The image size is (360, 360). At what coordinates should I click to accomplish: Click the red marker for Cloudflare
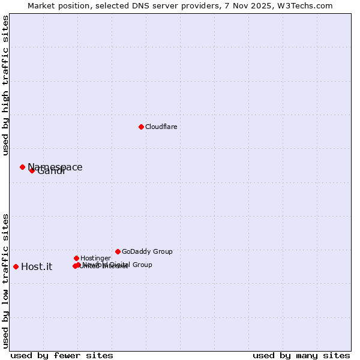(x=141, y=127)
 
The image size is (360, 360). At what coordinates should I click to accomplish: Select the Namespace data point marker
(x=22, y=167)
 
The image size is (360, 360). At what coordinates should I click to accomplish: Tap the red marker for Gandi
(x=32, y=170)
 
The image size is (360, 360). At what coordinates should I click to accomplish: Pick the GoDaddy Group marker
(x=118, y=251)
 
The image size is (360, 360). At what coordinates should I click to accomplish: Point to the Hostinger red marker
(x=76, y=258)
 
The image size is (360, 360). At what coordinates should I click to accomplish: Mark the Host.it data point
(x=16, y=266)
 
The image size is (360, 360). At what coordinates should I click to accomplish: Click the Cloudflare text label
(x=161, y=127)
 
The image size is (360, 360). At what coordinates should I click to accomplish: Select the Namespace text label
(x=55, y=167)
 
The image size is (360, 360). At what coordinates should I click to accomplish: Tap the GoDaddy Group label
(x=147, y=251)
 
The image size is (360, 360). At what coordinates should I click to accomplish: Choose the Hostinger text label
(x=95, y=258)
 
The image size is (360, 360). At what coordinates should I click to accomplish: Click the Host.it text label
(x=37, y=267)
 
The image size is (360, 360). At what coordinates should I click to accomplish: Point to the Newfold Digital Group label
(x=118, y=265)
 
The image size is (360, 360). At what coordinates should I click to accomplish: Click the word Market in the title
(x=40, y=5)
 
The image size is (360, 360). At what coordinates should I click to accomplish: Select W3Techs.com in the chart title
(x=308, y=5)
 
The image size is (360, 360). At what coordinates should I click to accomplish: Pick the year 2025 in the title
(x=268, y=5)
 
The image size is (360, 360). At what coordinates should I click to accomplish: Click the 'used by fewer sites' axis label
(x=62, y=355)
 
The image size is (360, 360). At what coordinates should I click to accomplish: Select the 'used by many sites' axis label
(x=301, y=355)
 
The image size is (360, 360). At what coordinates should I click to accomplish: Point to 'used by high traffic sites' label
(x=5, y=86)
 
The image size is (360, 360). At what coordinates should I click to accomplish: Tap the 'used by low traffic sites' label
(x=5, y=281)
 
